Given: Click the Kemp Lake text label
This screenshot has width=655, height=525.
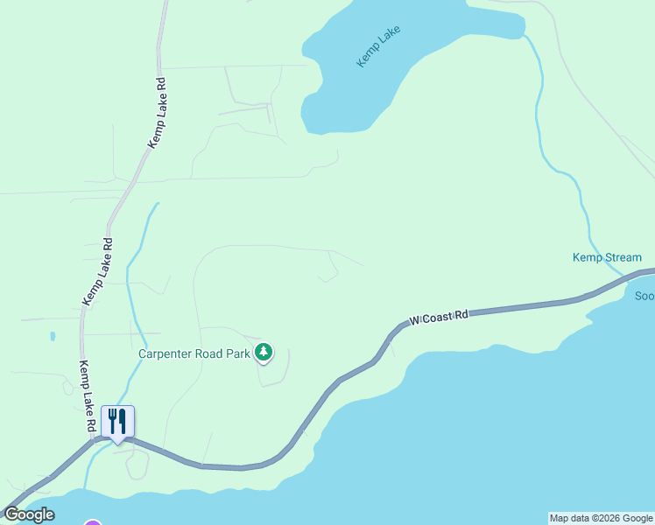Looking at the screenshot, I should pos(378,46).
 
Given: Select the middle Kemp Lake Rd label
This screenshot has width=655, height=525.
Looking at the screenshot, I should pos(97,271).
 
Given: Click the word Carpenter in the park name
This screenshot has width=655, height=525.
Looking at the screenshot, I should pos(167,354).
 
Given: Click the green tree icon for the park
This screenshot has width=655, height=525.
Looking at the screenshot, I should pos(264,353).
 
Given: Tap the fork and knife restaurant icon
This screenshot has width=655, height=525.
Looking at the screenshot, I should pos(116,422).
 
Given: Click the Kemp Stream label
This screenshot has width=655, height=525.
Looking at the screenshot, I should pos(607,257).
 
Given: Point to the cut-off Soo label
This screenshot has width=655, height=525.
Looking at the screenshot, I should pos(644,296).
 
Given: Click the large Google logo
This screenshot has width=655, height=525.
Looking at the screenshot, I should pos(29,514).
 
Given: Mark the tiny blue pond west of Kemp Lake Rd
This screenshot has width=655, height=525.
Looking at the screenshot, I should pos(53,335).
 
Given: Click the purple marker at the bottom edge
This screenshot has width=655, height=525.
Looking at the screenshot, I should pos(93,522).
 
